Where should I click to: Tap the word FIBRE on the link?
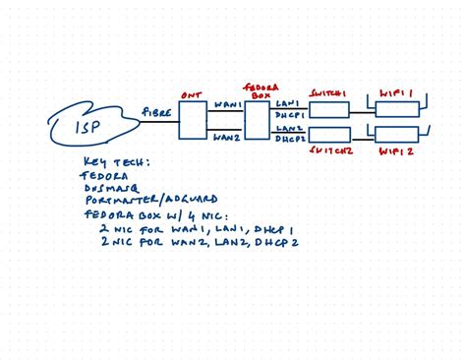158,113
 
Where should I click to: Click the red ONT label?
192,95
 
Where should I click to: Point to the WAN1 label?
227,103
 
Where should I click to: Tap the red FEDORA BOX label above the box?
258,90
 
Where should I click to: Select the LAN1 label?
288,102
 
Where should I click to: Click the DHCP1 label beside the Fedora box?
289,114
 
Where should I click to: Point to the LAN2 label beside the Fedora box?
288,129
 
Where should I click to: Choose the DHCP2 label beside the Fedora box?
289,140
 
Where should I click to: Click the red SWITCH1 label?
328,91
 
